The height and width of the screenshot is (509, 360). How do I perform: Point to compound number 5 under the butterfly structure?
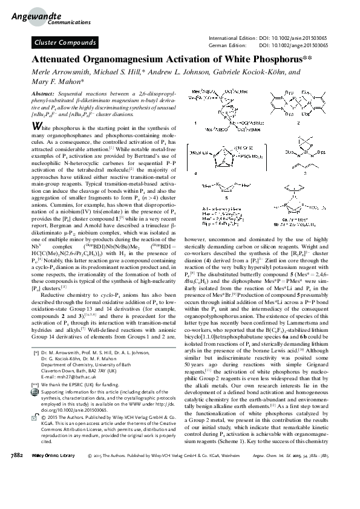tap(226, 196)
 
